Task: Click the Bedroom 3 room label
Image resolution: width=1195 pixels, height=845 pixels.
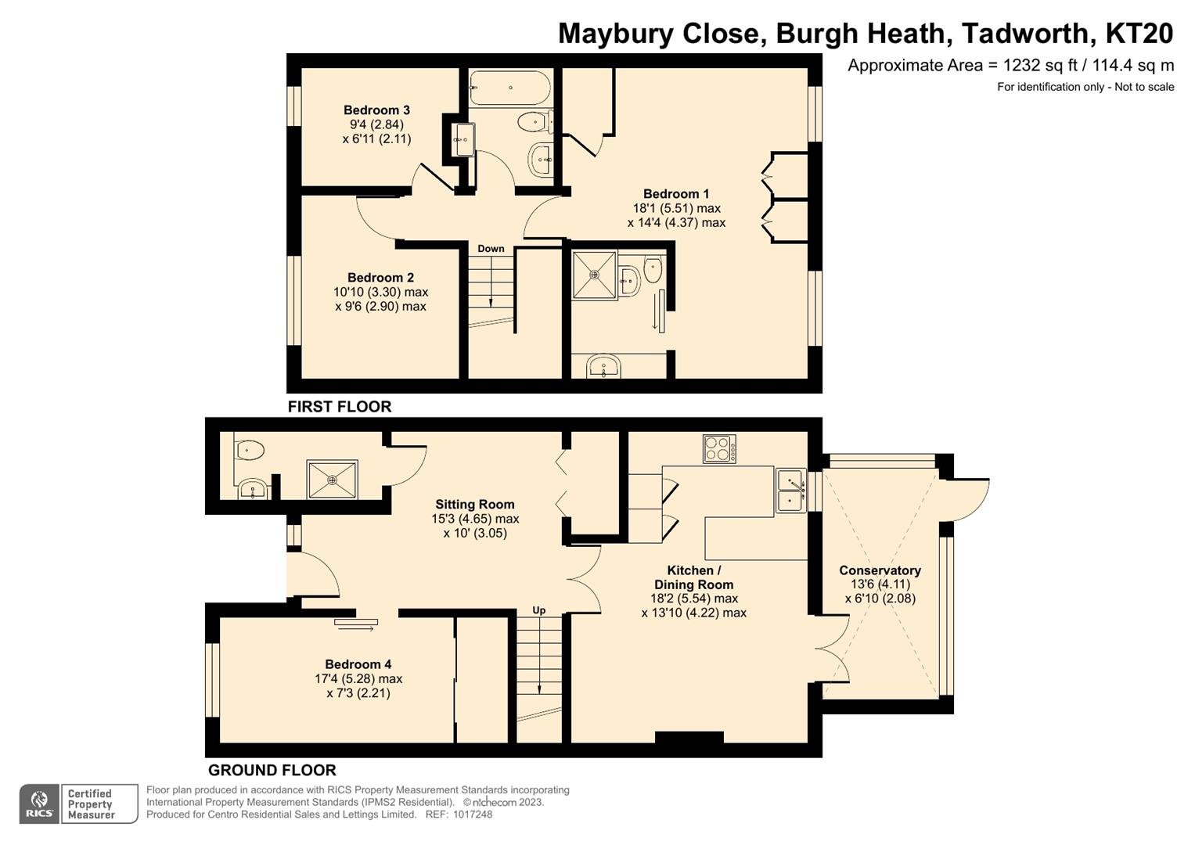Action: click(x=376, y=110)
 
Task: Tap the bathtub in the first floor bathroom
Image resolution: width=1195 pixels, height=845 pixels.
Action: click(x=509, y=88)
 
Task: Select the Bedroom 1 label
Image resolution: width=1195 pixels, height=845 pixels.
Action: click(x=676, y=194)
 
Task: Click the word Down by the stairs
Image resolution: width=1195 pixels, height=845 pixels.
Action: click(x=491, y=249)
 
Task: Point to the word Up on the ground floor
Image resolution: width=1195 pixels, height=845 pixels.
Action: click(x=539, y=610)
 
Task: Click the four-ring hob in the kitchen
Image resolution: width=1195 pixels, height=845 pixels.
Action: click(x=720, y=448)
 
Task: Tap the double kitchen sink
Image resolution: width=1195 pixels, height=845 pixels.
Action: click(x=791, y=491)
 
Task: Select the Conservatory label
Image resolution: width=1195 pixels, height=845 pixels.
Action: click(x=880, y=570)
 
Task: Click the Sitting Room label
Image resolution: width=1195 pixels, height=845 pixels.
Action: click(x=475, y=504)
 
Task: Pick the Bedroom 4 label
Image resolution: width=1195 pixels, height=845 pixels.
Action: click(x=358, y=664)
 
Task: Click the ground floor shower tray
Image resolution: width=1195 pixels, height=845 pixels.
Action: click(x=332, y=480)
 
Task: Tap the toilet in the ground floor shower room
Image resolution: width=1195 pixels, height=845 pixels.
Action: click(x=249, y=450)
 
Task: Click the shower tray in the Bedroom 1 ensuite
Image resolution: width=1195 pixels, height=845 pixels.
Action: click(x=594, y=275)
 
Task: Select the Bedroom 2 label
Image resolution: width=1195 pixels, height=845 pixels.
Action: click(x=380, y=278)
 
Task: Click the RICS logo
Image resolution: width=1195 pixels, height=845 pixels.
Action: click(x=39, y=804)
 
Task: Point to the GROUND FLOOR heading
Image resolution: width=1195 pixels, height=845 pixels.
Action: click(x=272, y=770)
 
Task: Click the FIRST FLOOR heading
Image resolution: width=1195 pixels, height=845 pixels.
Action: click(x=340, y=407)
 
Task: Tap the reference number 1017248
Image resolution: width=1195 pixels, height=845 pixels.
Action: click(x=472, y=814)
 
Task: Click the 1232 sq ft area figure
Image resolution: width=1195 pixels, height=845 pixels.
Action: click(x=1046, y=66)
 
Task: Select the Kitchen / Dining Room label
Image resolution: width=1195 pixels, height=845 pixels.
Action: click(x=693, y=577)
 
